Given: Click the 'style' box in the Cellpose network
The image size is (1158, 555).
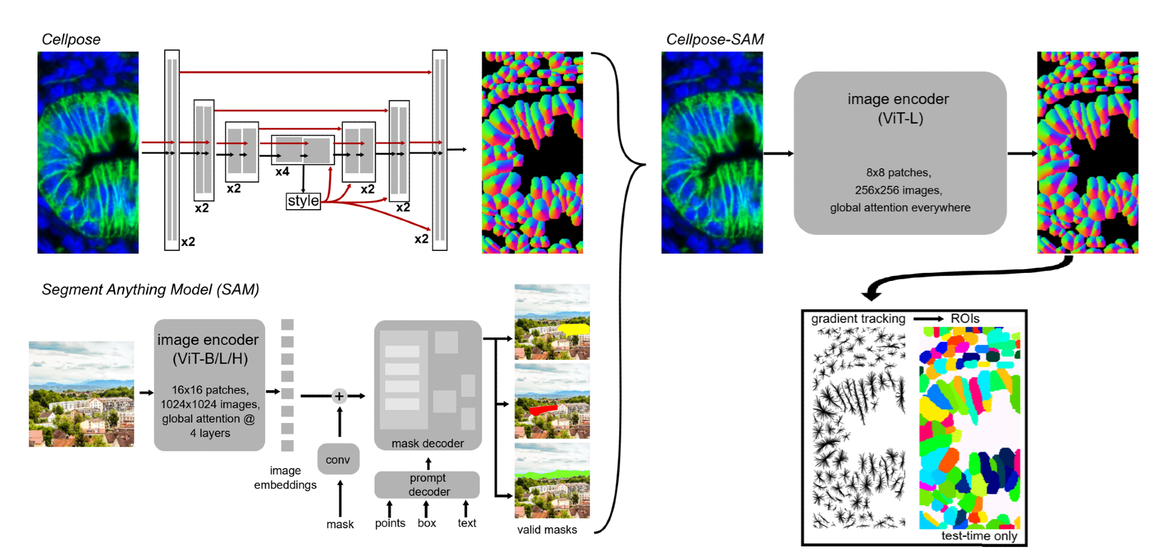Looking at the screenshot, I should click(303, 201).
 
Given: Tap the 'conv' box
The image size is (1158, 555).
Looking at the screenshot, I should click(338, 459).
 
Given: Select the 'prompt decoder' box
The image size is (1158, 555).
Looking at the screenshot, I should click(427, 485).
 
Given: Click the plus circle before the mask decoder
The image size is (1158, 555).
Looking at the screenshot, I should click(339, 396).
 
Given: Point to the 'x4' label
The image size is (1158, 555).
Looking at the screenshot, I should click(282, 171).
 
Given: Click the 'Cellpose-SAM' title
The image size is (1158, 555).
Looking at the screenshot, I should click(714, 39).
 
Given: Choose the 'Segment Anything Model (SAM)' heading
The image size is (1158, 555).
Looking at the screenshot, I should click(150, 289).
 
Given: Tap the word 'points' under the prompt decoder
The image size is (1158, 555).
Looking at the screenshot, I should click(390, 523).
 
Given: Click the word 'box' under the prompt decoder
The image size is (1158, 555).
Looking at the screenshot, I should click(427, 523).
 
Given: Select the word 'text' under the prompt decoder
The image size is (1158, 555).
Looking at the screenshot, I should click(467, 523).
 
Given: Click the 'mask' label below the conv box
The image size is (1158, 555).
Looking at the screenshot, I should click(340, 524).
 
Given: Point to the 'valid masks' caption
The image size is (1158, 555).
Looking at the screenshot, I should click(547, 530).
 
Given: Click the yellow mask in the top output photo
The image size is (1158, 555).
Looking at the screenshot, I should click(573, 329).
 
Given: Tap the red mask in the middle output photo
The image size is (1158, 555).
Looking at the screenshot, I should click(543, 410).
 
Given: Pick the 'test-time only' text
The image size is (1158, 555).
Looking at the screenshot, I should click(979, 536).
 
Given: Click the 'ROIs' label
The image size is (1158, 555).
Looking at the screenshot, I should click(965, 319).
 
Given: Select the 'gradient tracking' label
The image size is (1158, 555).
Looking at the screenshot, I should click(857, 319).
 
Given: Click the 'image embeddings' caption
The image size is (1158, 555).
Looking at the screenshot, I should click(285, 478).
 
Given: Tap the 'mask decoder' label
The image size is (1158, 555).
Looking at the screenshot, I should click(427, 443).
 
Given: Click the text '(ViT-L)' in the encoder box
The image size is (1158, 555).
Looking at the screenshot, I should click(900, 119).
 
